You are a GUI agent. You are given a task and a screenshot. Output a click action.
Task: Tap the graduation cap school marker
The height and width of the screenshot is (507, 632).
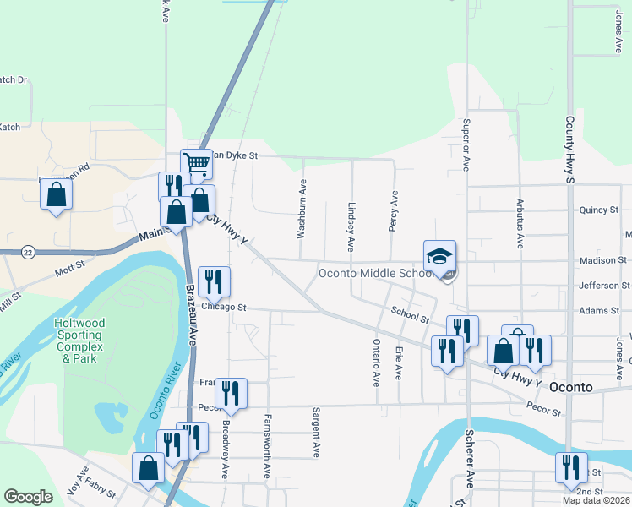coord(439,255)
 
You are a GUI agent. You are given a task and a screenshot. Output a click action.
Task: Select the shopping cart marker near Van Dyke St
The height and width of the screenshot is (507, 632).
coord(196,164)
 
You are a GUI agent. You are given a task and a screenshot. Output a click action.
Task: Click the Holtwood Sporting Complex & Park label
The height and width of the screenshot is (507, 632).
coord(79,341)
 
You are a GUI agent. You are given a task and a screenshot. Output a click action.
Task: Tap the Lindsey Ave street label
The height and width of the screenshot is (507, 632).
coord(351,226)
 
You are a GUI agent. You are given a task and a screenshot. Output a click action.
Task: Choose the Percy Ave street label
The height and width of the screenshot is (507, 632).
coord(394,209)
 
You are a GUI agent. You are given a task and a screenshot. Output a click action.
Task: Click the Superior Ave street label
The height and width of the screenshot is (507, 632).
coord(465,144)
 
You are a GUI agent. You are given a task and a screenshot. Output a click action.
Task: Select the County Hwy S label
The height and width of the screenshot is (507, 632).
coord(570,150)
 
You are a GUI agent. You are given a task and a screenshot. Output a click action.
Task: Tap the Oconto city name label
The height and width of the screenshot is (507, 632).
coord(573,387)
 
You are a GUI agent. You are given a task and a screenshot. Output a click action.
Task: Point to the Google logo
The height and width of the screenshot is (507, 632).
coord(28,497)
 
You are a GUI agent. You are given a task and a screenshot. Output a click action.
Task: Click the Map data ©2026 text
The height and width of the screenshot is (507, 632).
coord(596,500)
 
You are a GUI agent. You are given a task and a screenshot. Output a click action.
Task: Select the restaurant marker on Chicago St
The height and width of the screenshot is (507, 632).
coord(214,281)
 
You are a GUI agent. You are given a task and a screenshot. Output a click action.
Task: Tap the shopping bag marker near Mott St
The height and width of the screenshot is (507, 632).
coord(57,195)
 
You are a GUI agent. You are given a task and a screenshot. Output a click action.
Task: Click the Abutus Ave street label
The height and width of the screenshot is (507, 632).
coord(519,223)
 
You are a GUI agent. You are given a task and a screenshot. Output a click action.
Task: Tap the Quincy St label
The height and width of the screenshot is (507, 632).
coord(600,210)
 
